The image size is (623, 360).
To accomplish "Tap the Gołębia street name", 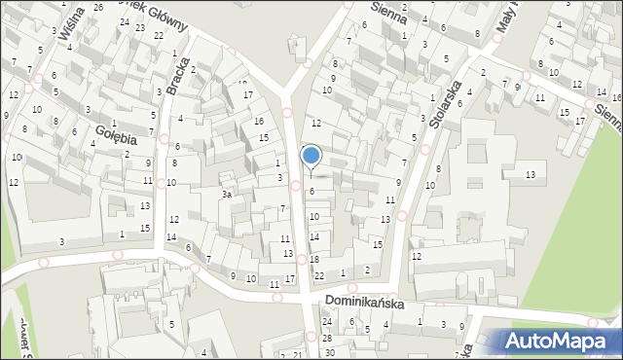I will pyautogui.click(x=116, y=135).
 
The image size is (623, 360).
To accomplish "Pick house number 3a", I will pyautogui.click(x=226, y=195).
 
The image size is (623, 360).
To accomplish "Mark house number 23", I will pyautogui.click(x=141, y=27).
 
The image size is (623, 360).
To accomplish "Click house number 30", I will pyautogui.click(x=329, y=352).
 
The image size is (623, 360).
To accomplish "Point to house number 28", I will pyautogui.click(x=329, y=338).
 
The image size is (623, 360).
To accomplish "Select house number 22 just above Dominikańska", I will pyautogui.click(x=318, y=276).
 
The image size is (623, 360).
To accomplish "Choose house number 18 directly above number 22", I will pyautogui.click(x=314, y=260).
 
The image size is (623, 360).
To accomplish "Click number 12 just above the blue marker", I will pyautogui.click(x=316, y=123).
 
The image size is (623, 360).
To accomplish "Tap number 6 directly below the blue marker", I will pyautogui.click(x=312, y=192).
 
